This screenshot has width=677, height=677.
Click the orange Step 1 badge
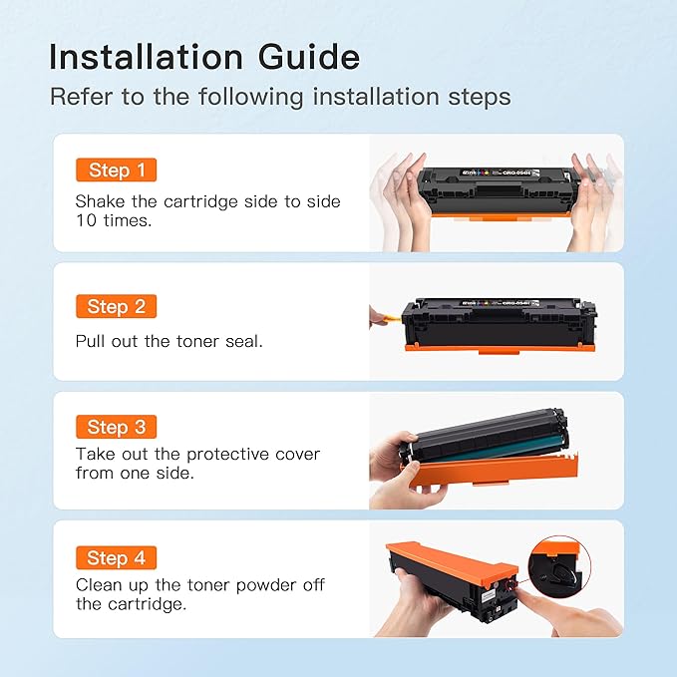click(116, 169)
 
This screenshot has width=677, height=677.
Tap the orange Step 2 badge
click(116, 306)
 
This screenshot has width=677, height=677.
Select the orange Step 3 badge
click(116, 427)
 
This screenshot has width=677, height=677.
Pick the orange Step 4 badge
click(116, 557)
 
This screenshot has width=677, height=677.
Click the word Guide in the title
click(309, 58)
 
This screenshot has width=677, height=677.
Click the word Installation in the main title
click(147, 57)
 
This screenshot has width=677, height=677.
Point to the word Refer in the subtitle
click(82, 97)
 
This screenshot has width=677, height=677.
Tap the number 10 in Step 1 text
click(87, 220)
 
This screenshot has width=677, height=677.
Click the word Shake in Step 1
click(100, 201)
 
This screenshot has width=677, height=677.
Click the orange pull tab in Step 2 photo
click(389, 319)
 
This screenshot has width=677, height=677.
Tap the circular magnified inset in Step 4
click(559, 567)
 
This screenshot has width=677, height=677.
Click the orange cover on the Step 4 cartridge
click(452, 560)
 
